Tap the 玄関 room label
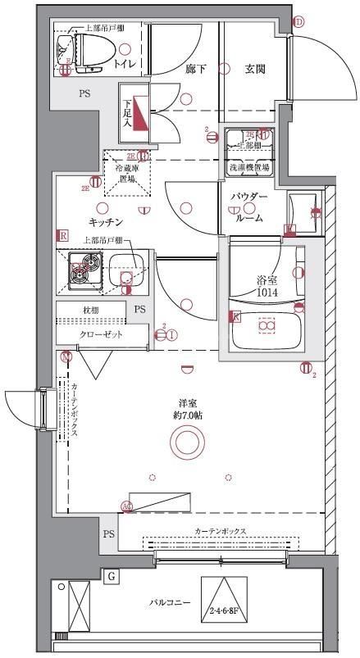click(x=254, y=70)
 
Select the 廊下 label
click(x=195, y=70)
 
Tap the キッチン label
click(x=106, y=222)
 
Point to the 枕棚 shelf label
click(x=90, y=310)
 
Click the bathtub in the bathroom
click(x=264, y=327)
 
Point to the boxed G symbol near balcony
click(x=112, y=576)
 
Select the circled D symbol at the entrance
click(x=298, y=22)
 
